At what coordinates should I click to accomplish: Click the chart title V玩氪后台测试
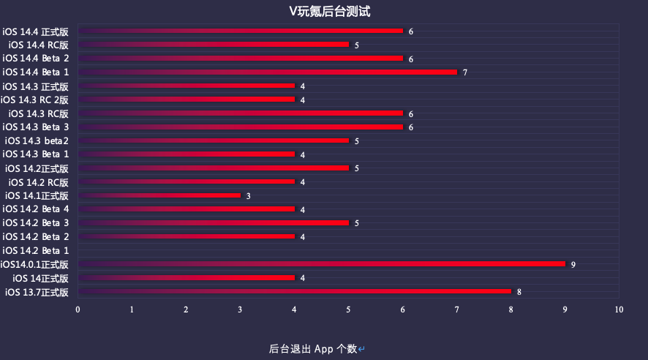[x=329, y=11]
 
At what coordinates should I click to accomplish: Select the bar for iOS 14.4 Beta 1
[x=268, y=72]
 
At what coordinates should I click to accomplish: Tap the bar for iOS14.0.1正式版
[x=322, y=264]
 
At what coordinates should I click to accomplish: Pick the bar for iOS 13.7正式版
[x=294, y=291]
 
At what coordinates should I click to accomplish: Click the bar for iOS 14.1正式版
[x=159, y=195]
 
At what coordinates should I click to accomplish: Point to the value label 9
[x=573, y=265]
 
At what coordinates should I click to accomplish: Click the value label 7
[x=465, y=72]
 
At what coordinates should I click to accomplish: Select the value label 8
[x=519, y=292]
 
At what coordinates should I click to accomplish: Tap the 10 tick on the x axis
[x=619, y=310]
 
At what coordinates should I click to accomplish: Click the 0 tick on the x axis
[x=78, y=310]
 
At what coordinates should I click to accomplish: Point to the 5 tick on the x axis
[x=348, y=310]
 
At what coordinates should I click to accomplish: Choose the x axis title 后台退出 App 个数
[x=313, y=349]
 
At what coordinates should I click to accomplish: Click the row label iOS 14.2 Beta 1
[x=36, y=251]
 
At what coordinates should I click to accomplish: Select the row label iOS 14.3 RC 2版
[x=34, y=100]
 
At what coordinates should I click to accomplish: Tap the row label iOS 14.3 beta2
[x=37, y=141]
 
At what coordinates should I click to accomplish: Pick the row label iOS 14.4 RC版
[x=39, y=45]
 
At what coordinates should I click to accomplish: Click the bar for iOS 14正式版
[x=186, y=278]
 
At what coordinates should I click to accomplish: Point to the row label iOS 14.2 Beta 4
[x=36, y=209]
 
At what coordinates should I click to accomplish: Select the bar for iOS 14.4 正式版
[x=240, y=31]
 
